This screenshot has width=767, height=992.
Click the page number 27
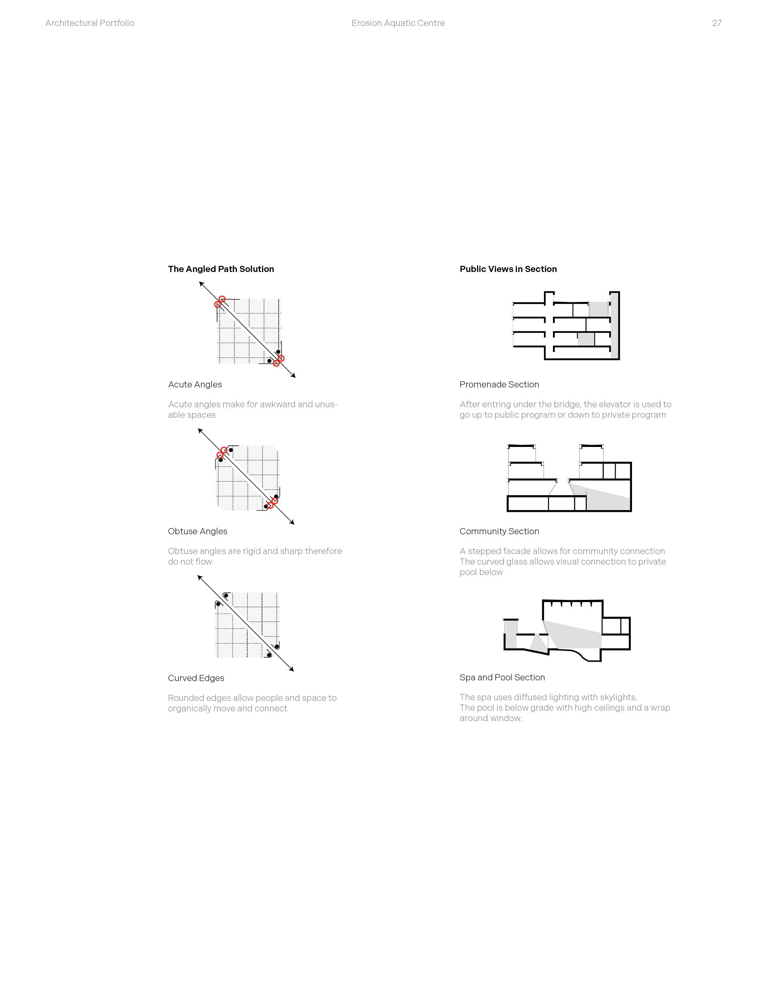click(x=716, y=23)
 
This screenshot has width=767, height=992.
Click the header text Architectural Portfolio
click(x=90, y=23)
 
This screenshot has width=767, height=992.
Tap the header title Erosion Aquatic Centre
click(x=398, y=23)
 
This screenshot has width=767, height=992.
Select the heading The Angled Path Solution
click(x=221, y=269)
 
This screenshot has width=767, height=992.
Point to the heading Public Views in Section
click(x=508, y=269)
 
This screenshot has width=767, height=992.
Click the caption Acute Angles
click(x=195, y=384)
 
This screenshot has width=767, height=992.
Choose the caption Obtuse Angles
click(x=198, y=531)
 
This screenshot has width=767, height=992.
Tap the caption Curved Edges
click(x=196, y=678)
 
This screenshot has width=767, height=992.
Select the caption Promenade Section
click(x=499, y=384)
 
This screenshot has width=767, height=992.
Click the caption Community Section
click(x=499, y=531)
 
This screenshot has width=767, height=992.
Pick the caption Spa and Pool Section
click(x=502, y=677)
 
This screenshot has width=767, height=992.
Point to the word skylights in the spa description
click(x=618, y=697)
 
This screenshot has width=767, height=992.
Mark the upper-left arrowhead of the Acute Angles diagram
click(x=201, y=284)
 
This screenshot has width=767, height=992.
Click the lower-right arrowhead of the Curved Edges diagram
click(x=292, y=669)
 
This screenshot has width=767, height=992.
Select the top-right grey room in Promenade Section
click(x=598, y=309)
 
